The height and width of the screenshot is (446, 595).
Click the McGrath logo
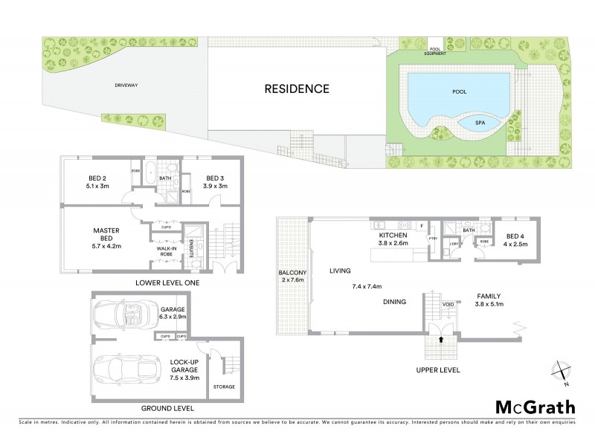(535, 407)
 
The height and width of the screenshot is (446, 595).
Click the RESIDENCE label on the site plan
(297, 88)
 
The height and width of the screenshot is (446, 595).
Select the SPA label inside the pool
(470, 123)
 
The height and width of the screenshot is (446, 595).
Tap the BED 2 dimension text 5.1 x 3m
(97, 186)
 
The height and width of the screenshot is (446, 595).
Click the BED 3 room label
(215, 178)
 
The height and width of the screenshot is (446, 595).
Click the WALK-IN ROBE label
(166, 250)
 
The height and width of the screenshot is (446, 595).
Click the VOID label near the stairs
(448, 305)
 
